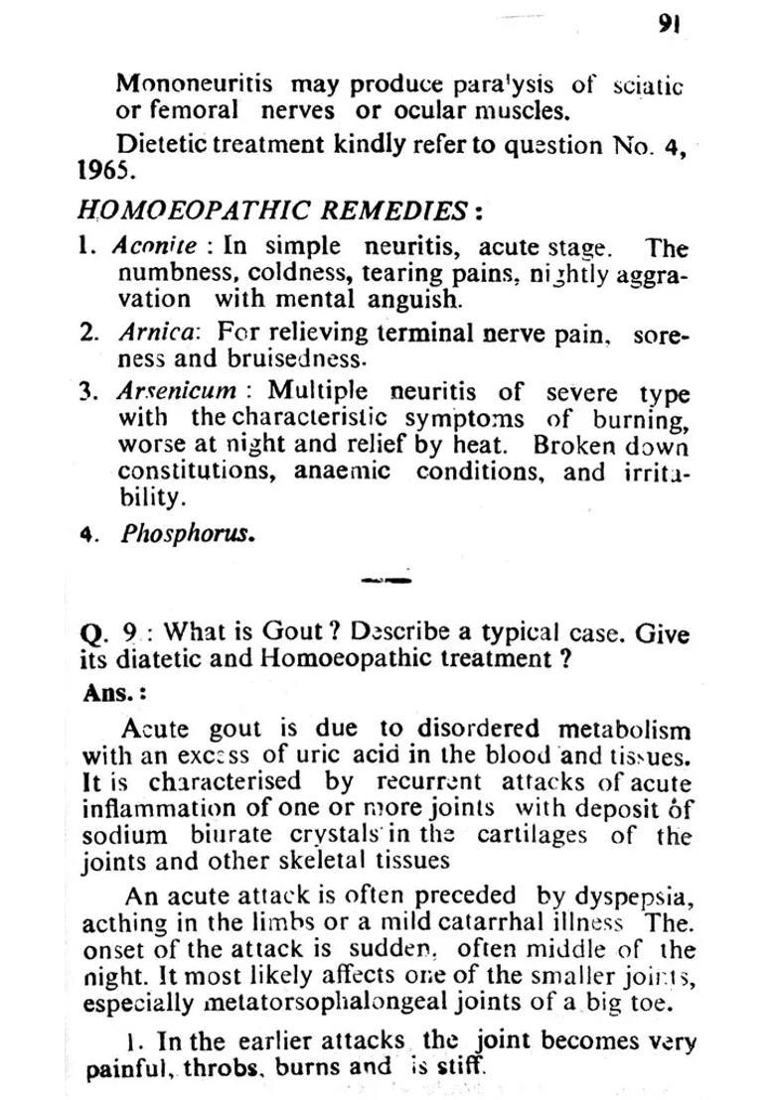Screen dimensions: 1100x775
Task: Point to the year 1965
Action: pyautogui.click(x=103, y=170)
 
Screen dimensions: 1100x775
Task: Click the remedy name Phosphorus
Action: pyautogui.click(x=187, y=533)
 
